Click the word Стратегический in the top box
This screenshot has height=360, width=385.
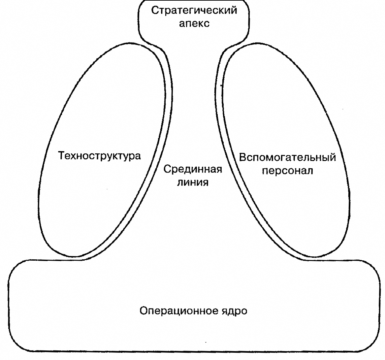point(194,11)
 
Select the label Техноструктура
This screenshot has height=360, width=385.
point(99,155)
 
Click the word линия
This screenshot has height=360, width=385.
point(193,182)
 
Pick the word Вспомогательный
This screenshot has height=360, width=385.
point(287,157)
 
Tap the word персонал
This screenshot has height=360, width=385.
point(287,171)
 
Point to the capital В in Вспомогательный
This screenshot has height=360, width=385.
point(242,157)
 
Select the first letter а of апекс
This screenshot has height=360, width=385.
point(182,24)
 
